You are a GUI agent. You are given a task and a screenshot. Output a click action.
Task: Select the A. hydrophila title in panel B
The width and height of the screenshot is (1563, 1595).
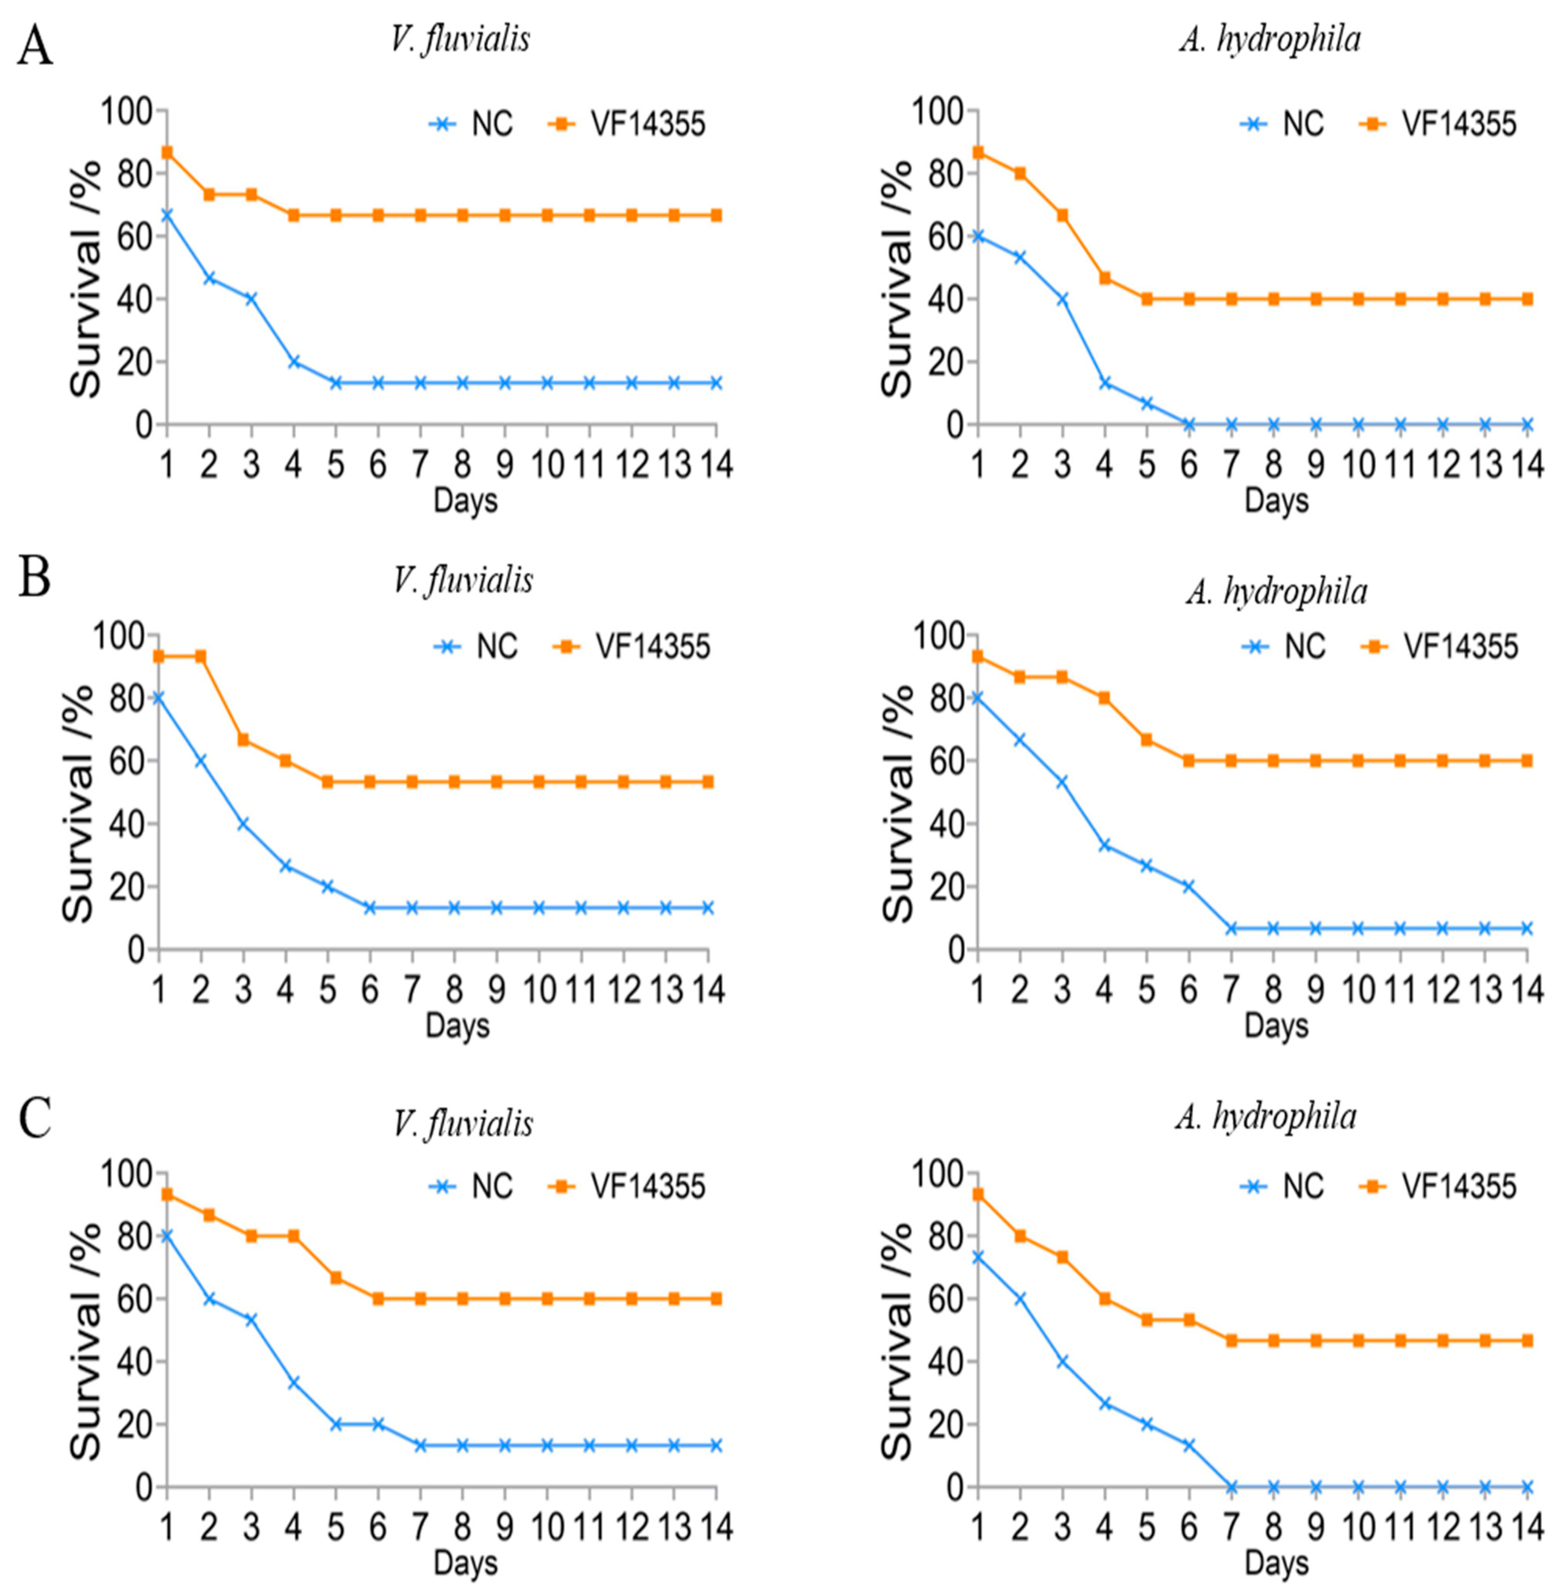[1276, 591]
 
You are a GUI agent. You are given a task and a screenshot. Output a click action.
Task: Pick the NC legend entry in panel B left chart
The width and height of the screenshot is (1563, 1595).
[476, 647]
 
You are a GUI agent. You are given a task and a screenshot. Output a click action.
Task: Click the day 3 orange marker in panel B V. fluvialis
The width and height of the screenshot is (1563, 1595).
[243, 739]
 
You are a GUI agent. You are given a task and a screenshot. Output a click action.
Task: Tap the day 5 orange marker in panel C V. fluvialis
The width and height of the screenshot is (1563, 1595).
[336, 1278]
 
